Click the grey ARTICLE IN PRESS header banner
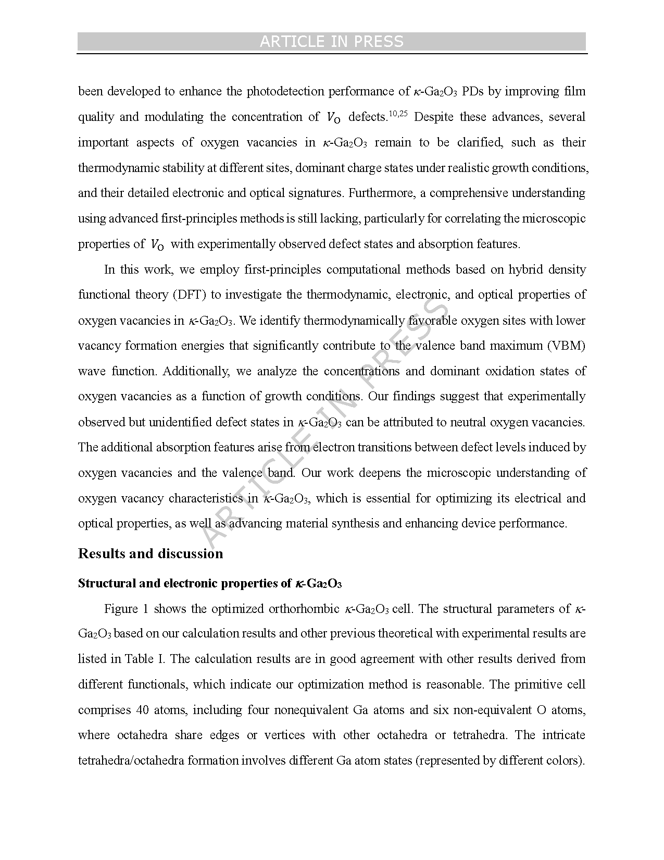point(332,42)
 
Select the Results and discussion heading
point(151,554)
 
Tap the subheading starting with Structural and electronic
point(209,583)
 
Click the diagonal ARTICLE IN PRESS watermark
point(323,422)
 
